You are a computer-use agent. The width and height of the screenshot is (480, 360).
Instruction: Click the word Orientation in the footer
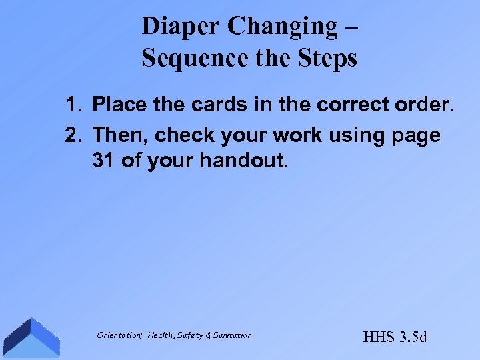click(118, 335)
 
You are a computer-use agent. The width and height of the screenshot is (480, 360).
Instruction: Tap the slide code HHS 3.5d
click(395, 337)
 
